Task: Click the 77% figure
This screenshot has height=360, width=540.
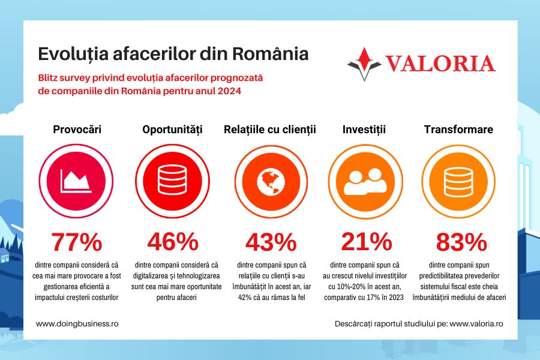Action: [77, 242]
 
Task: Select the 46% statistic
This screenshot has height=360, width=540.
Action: [173, 242]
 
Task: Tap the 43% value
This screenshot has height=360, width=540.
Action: [270, 242]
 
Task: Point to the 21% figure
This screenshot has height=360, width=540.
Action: [366, 242]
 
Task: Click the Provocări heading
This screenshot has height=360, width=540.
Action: [77, 129]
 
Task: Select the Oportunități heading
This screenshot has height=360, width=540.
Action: [173, 129]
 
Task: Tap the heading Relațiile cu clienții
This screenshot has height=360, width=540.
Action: [270, 129]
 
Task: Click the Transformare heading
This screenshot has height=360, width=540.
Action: [458, 129]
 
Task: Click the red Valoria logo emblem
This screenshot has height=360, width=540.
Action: [364, 63]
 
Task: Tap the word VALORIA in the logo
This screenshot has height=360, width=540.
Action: [440, 64]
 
